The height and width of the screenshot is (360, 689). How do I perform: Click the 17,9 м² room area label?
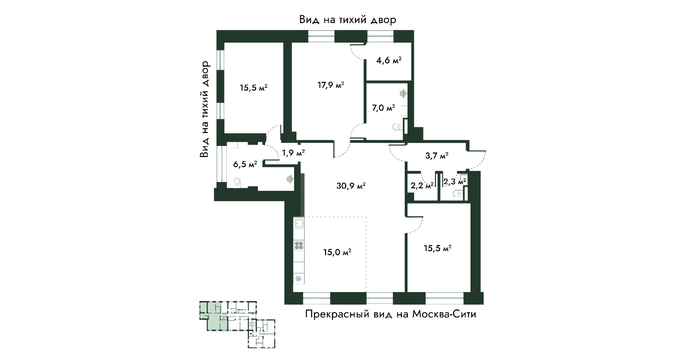point(330,85)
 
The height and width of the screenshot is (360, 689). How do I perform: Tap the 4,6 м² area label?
point(389,60)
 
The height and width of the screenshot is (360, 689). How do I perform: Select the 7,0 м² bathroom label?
point(383,108)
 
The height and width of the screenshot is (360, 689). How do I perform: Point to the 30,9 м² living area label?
point(351,186)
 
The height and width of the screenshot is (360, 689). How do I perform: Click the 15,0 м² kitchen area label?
point(337,252)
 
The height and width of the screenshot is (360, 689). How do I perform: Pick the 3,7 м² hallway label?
point(437,156)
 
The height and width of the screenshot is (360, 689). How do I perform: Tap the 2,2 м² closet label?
point(422,185)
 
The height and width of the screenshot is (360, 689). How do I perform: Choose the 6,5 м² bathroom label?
point(245,164)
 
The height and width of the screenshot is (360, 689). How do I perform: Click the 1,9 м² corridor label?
point(293,153)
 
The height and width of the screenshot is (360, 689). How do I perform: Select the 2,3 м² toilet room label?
point(455,181)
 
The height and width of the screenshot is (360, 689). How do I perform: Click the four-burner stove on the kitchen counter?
point(299,245)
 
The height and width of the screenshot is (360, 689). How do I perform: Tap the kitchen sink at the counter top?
point(299,223)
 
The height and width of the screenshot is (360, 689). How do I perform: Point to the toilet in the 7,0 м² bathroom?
point(398,126)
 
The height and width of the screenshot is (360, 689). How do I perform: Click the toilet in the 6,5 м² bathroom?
point(237,182)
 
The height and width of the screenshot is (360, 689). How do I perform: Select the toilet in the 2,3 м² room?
point(457,194)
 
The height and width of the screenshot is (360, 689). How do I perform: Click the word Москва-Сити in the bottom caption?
point(444,315)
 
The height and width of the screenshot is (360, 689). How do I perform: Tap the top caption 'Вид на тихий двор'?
point(348,20)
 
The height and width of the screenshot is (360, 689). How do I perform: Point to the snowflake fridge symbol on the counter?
point(299,279)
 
